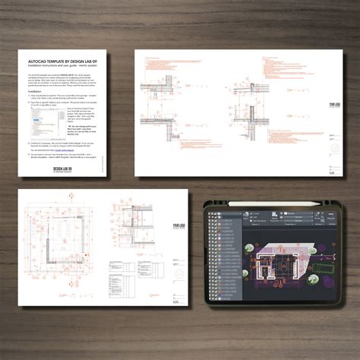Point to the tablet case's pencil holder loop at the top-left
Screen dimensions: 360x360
(x=215, y=204)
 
